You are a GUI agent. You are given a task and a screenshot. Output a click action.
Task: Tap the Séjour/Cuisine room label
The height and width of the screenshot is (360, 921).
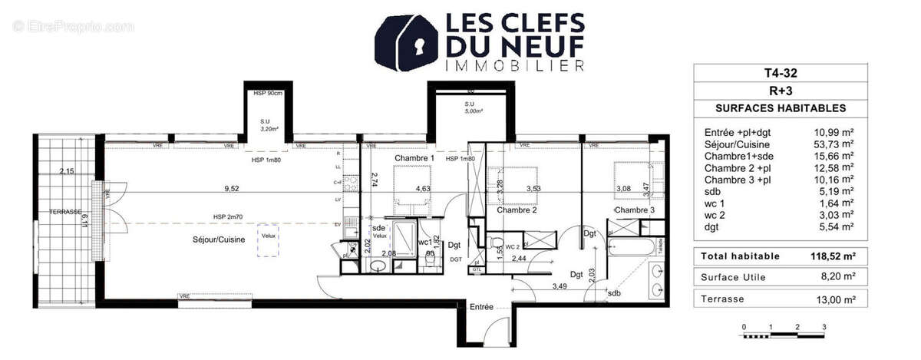219,240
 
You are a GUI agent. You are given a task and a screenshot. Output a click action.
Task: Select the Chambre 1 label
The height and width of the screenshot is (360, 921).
414,158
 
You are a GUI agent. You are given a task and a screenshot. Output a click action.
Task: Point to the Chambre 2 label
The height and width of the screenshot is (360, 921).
516,210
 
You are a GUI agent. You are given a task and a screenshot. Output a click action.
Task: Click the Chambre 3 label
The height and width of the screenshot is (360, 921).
635,210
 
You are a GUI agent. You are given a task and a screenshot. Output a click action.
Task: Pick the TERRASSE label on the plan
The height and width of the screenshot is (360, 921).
64,211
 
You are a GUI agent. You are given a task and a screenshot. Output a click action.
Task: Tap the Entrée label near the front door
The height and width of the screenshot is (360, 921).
481,307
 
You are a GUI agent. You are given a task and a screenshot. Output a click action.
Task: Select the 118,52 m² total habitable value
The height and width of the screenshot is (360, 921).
832,256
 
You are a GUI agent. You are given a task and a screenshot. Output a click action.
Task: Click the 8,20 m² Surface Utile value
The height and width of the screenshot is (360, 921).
838,278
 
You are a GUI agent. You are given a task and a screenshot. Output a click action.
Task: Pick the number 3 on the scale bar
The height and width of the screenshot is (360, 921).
824,328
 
